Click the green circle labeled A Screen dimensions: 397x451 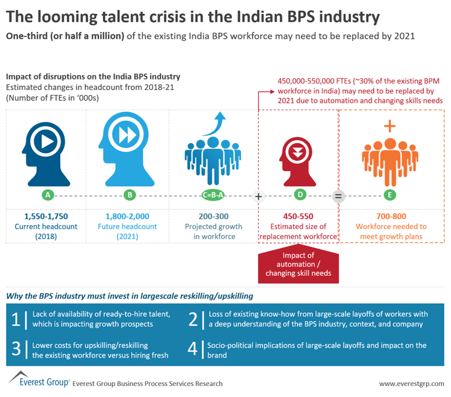[x=48, y=195]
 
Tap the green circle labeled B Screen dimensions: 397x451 [x=130, y=195]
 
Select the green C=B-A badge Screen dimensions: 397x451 [x=213, y=195]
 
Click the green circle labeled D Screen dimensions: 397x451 [x=300, y=195]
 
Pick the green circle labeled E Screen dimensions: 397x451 [x=390, y=195]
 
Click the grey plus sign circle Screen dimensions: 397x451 [x=258, y=196]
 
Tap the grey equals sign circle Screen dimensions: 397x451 [x=338, y=196]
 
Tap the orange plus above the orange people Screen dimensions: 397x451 [x=390, y=126]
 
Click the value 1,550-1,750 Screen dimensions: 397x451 [x=46, y=216]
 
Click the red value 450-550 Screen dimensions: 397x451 [x=299, y=216]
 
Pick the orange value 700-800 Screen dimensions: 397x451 [x=390, y=216]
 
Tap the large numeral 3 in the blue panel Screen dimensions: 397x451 [x=16, y=349]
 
